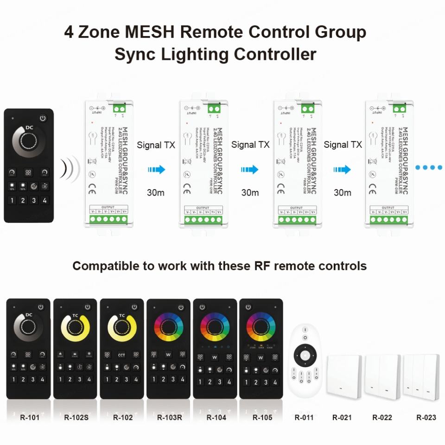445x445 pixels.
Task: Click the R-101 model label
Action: (30, 417)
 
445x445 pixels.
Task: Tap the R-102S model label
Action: (76, 417)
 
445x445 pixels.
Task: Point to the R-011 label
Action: (304, 417)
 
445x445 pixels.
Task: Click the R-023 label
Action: (426, 417)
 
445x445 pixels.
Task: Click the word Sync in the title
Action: (135, 54)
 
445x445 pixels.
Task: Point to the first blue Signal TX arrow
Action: (157, 170)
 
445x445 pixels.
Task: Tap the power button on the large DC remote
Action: (43, 118)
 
